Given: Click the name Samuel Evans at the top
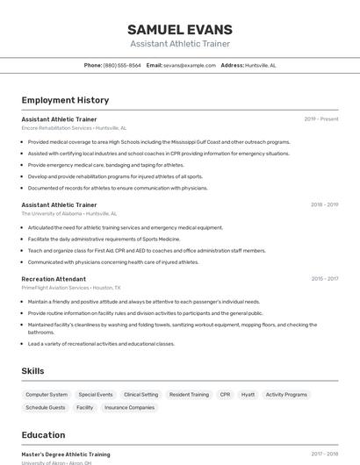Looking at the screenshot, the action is [180, 29].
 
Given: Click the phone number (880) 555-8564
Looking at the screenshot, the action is [122, 65].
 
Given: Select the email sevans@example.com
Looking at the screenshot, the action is [189, 65].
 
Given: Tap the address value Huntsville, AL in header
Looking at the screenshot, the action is [261, 65].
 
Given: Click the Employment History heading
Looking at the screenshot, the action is [65, 100].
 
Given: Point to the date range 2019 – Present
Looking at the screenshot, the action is [321, 118].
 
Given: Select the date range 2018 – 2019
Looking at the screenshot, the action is [324, 204].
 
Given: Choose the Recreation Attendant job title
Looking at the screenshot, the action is [54, 279].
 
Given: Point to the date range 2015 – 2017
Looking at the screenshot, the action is [324, 279].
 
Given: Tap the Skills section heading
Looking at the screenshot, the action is [32, 371].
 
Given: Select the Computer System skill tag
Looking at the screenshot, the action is [47, 395].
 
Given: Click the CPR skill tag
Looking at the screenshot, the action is [226, 395].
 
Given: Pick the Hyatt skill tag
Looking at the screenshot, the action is [248, 395].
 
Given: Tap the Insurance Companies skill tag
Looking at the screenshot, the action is [129, 407].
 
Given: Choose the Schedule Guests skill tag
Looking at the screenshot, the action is [46, 407].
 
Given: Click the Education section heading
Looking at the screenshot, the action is [43, 434].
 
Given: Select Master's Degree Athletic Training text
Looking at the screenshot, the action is [66, 454].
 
